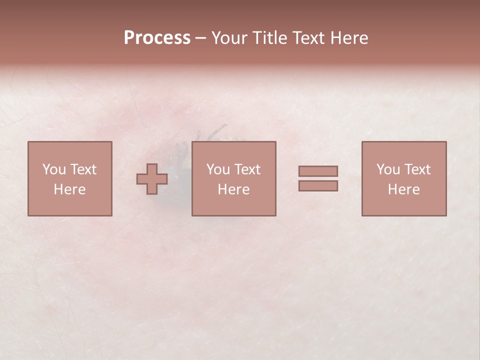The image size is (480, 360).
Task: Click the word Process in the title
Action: pos(157,38)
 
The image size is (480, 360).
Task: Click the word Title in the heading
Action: pos(269,38)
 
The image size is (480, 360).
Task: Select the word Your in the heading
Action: pos(229,38)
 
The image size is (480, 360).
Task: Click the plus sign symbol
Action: pos(152,179)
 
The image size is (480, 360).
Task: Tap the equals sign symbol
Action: pos(318,178)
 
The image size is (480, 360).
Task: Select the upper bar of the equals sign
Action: pos(318,171)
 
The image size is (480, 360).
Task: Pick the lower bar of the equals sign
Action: pos(318,186)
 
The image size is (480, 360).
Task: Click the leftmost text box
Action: pos(69,178)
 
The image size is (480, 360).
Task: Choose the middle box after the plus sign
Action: pos(233,178)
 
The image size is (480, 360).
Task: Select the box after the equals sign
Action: pos(403,178)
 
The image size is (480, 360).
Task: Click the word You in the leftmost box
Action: pos(53,169)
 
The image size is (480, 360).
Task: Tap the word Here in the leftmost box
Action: pos(69,189)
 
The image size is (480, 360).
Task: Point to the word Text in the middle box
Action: pos(248,169)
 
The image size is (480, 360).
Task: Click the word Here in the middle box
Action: pos(233,189)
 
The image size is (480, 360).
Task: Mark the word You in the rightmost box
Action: pos(387,169)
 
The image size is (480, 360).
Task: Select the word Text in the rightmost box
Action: pos(418,169)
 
